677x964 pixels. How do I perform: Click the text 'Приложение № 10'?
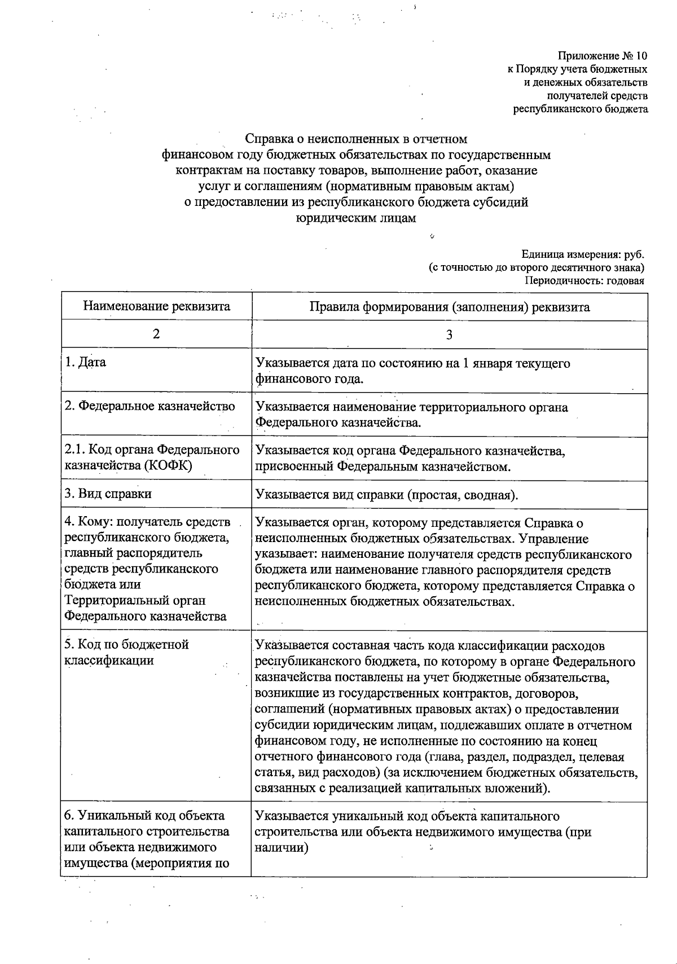603,56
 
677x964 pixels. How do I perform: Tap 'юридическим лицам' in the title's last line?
356,218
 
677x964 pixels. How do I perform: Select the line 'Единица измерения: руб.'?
583,254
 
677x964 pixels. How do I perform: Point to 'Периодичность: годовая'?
584,281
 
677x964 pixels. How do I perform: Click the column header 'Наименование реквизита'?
156,306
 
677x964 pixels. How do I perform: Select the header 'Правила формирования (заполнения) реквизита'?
449,307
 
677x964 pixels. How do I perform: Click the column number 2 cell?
156,334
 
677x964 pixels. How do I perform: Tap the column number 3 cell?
449,335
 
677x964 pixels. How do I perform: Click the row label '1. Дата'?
86,362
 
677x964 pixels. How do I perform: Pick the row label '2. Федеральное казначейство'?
150,406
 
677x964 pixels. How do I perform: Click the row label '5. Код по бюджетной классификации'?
127,652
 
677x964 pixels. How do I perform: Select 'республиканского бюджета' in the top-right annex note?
580,109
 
